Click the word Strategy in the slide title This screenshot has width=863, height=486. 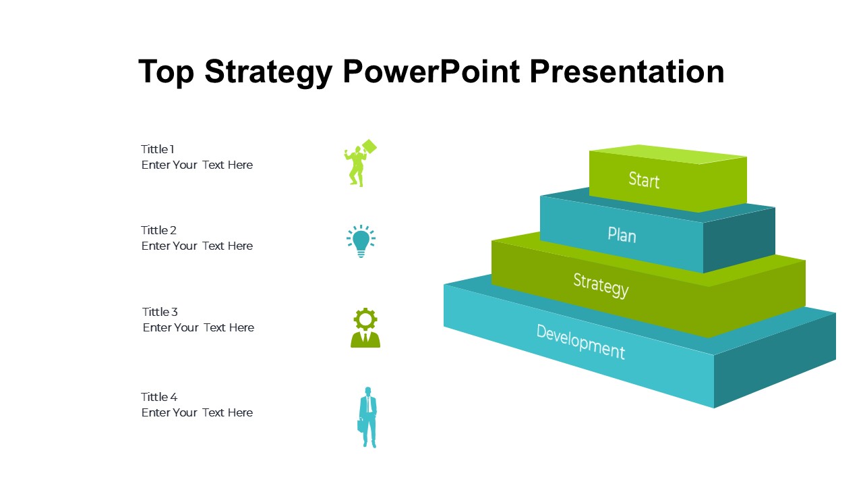[268, 72]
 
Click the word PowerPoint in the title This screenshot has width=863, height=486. [431, 72]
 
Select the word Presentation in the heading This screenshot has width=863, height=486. [627, 72]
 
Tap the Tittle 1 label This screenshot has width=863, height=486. [158, 149]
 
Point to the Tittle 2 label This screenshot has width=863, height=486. [158, 230]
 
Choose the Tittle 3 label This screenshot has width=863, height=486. [160, 312]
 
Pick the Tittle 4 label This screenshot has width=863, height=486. [159, 397]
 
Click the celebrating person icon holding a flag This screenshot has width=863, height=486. [360, 163]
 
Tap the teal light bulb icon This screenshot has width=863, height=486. [361, 241]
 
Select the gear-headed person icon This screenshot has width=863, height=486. [365, 328]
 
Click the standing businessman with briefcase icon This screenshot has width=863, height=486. [367, 417]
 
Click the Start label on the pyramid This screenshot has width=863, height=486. [644, 180]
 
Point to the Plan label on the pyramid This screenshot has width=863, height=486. [622, 235]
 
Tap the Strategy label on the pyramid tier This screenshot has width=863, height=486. [601, 286]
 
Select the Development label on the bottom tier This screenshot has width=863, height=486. [581, 342]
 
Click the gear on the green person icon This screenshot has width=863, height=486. [365, 319]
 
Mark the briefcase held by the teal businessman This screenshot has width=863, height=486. [360, 425]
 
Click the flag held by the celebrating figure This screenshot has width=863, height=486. [369, 146]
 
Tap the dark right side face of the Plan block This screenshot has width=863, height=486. [739, 240]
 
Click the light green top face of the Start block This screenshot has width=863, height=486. [668, 154]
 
